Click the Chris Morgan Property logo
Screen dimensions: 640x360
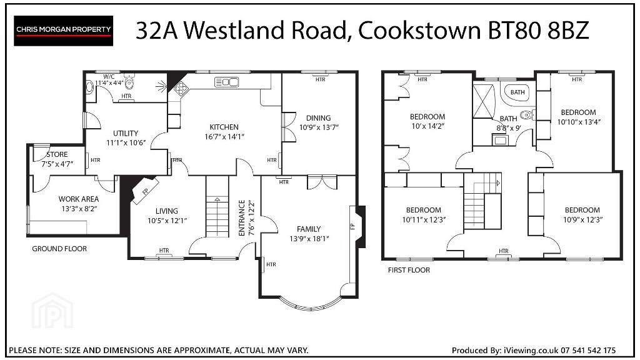point(63,31)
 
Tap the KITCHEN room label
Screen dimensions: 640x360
point(224,127)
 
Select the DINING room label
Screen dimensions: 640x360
point(318,118)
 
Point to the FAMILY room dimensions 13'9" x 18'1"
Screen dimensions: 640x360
point(309,239)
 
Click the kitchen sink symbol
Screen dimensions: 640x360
point(226,82)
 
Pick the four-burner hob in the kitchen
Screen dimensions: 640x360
point(181,87)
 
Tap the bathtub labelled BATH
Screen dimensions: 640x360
point(517,92)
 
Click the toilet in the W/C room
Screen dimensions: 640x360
point(129,82)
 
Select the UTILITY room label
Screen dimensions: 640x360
point(126,134)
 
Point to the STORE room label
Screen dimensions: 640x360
point(57,154)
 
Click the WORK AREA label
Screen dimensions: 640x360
point(78,199)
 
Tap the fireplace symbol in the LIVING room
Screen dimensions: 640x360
point(145,191)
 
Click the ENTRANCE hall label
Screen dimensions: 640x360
point(241,218)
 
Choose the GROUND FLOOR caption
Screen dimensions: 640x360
point(59,249)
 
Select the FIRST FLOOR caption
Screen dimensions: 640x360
point(409,270)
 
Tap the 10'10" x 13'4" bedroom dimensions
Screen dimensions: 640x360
point(579,122)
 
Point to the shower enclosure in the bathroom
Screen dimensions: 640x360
point(483,101)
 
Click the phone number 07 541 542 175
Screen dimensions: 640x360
point(588,350)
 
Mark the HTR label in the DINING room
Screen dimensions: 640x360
point(321,79)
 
